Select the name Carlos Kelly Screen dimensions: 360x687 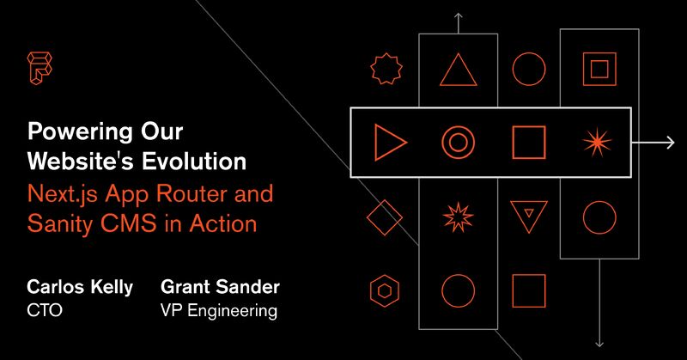click(x=81, y=287)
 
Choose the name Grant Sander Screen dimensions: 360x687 click(x=220, y=287)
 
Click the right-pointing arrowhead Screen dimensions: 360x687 click(x=670, y=143)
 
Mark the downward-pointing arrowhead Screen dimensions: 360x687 click(x=599, y=340)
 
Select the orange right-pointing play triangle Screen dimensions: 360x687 click(x=389, y=143)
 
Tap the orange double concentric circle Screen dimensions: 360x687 click(x=459, y=143)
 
